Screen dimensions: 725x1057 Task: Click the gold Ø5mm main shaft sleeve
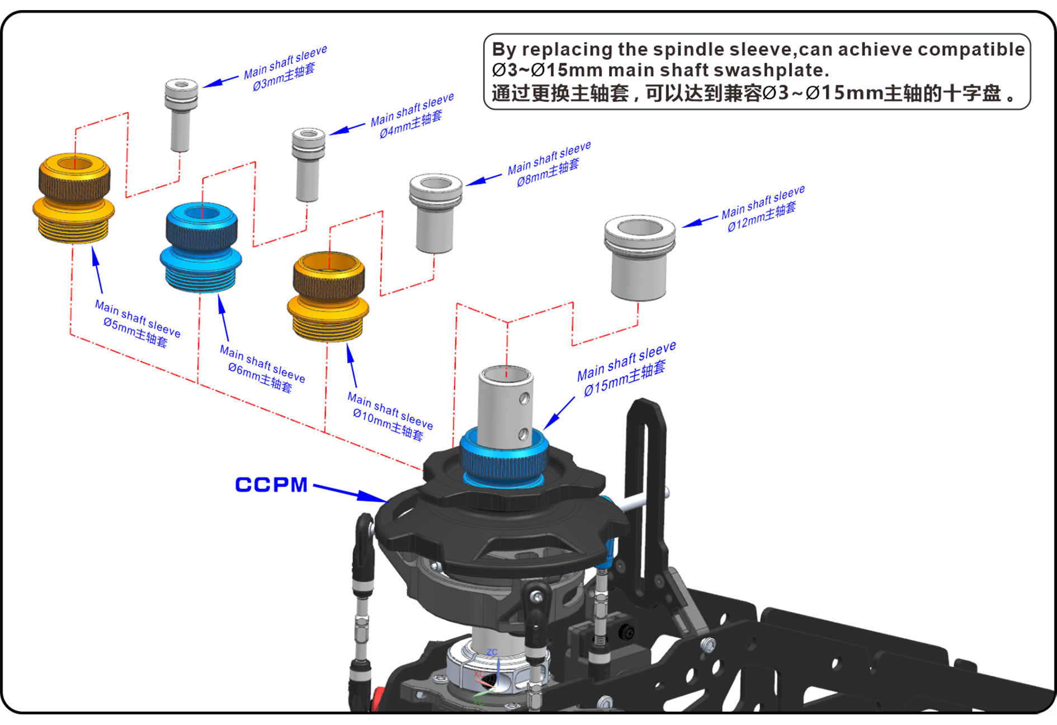[74, 198]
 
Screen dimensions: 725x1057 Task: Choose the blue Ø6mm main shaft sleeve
[201, 247]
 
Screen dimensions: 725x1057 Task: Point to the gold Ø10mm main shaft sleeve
[329, 295]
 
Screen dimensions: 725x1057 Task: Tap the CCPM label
[271, 484]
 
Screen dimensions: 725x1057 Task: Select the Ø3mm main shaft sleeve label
[285, 69]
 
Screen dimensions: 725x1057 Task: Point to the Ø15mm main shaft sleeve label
[626, 369]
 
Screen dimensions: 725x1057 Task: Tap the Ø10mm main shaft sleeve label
[390, 416]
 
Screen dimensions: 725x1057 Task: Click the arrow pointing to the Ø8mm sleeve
[484, 180]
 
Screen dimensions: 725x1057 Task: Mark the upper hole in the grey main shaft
[524, 399]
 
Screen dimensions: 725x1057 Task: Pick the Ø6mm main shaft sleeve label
[262, 369]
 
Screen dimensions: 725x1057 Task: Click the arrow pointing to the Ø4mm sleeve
[347, 130]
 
